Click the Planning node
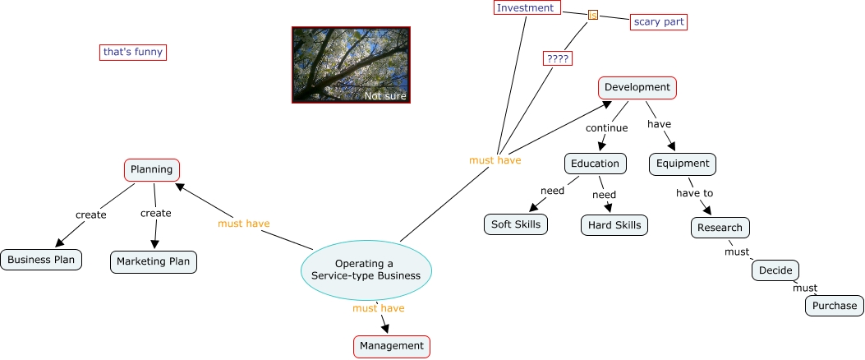point(152,169)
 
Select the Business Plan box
point(41,260)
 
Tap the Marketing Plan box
point(154,261)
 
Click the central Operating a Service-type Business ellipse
point(366,270)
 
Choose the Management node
point(392,346)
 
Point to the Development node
point(637,87)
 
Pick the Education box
point(596,164)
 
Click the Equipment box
point(683,164)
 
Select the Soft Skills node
point(516,224)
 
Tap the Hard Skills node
point(614,225)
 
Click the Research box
point(720,228)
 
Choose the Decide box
point(775,270)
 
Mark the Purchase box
point(834,306)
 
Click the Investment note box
point(527,7)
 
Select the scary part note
point(659,22)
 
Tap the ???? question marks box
point(557,58)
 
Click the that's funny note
point(133,52)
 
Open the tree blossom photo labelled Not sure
point(351,65)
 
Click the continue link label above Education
point(607,128)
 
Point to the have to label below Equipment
point(694,193)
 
